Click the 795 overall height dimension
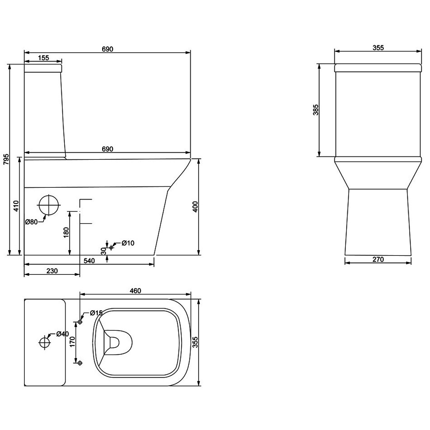[x=7, y=159]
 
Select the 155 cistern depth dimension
[x=43, y=58]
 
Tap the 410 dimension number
[x=16, y=206]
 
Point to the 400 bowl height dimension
[x=195, y=207]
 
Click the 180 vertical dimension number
[x=66, y=233]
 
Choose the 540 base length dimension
[x=89, y=261]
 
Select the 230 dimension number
[x=52, y=271]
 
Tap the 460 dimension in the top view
[x=135, y=291]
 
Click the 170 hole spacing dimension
[x=72, y=341]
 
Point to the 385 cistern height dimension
[x=316, y=110]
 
